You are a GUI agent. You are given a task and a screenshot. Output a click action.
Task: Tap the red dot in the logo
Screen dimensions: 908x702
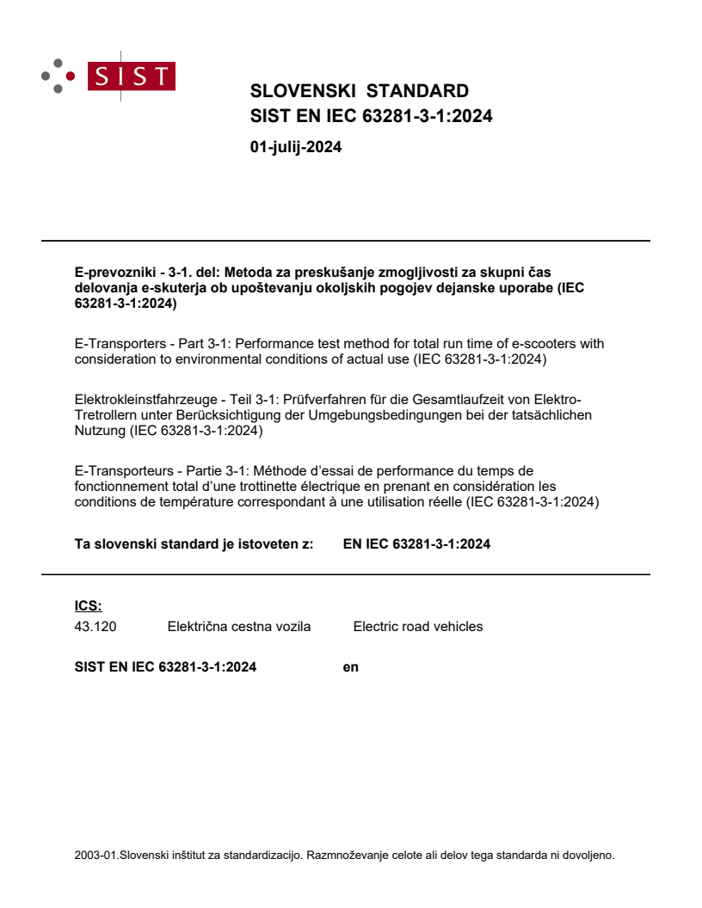tap(71, 76)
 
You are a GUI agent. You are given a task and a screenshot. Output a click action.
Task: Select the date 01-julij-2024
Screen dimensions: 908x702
tap(296, 147)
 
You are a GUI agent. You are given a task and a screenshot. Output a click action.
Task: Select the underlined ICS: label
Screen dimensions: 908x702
tap(89, 606)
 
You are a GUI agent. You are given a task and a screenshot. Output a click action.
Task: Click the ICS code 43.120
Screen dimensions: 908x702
tap(95, 627)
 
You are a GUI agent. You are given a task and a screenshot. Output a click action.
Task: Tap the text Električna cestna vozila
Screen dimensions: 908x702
tap(238, 627)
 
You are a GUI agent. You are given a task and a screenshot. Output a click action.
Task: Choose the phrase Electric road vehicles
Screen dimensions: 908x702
tap(418, 627)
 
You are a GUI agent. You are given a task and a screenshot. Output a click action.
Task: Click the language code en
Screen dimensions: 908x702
tap(350, 666)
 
